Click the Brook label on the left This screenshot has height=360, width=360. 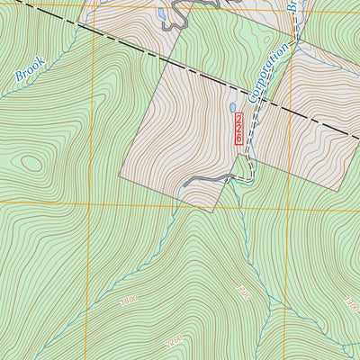(30, 71)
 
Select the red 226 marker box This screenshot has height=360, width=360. (238, 129)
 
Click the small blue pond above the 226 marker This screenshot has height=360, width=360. (232, 108)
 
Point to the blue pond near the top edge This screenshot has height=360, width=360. (161, 14)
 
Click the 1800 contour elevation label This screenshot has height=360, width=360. (130, 300)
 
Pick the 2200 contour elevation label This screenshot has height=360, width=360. (173, 340)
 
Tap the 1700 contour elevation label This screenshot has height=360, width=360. (240, 293)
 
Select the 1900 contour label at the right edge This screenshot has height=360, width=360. (351, 303)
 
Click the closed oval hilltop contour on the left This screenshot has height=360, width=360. (31, 163)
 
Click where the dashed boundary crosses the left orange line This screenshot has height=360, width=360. (90, 31)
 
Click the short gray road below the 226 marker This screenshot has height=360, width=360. (207, 181)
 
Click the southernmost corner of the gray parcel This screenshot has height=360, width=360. (210, 213)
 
